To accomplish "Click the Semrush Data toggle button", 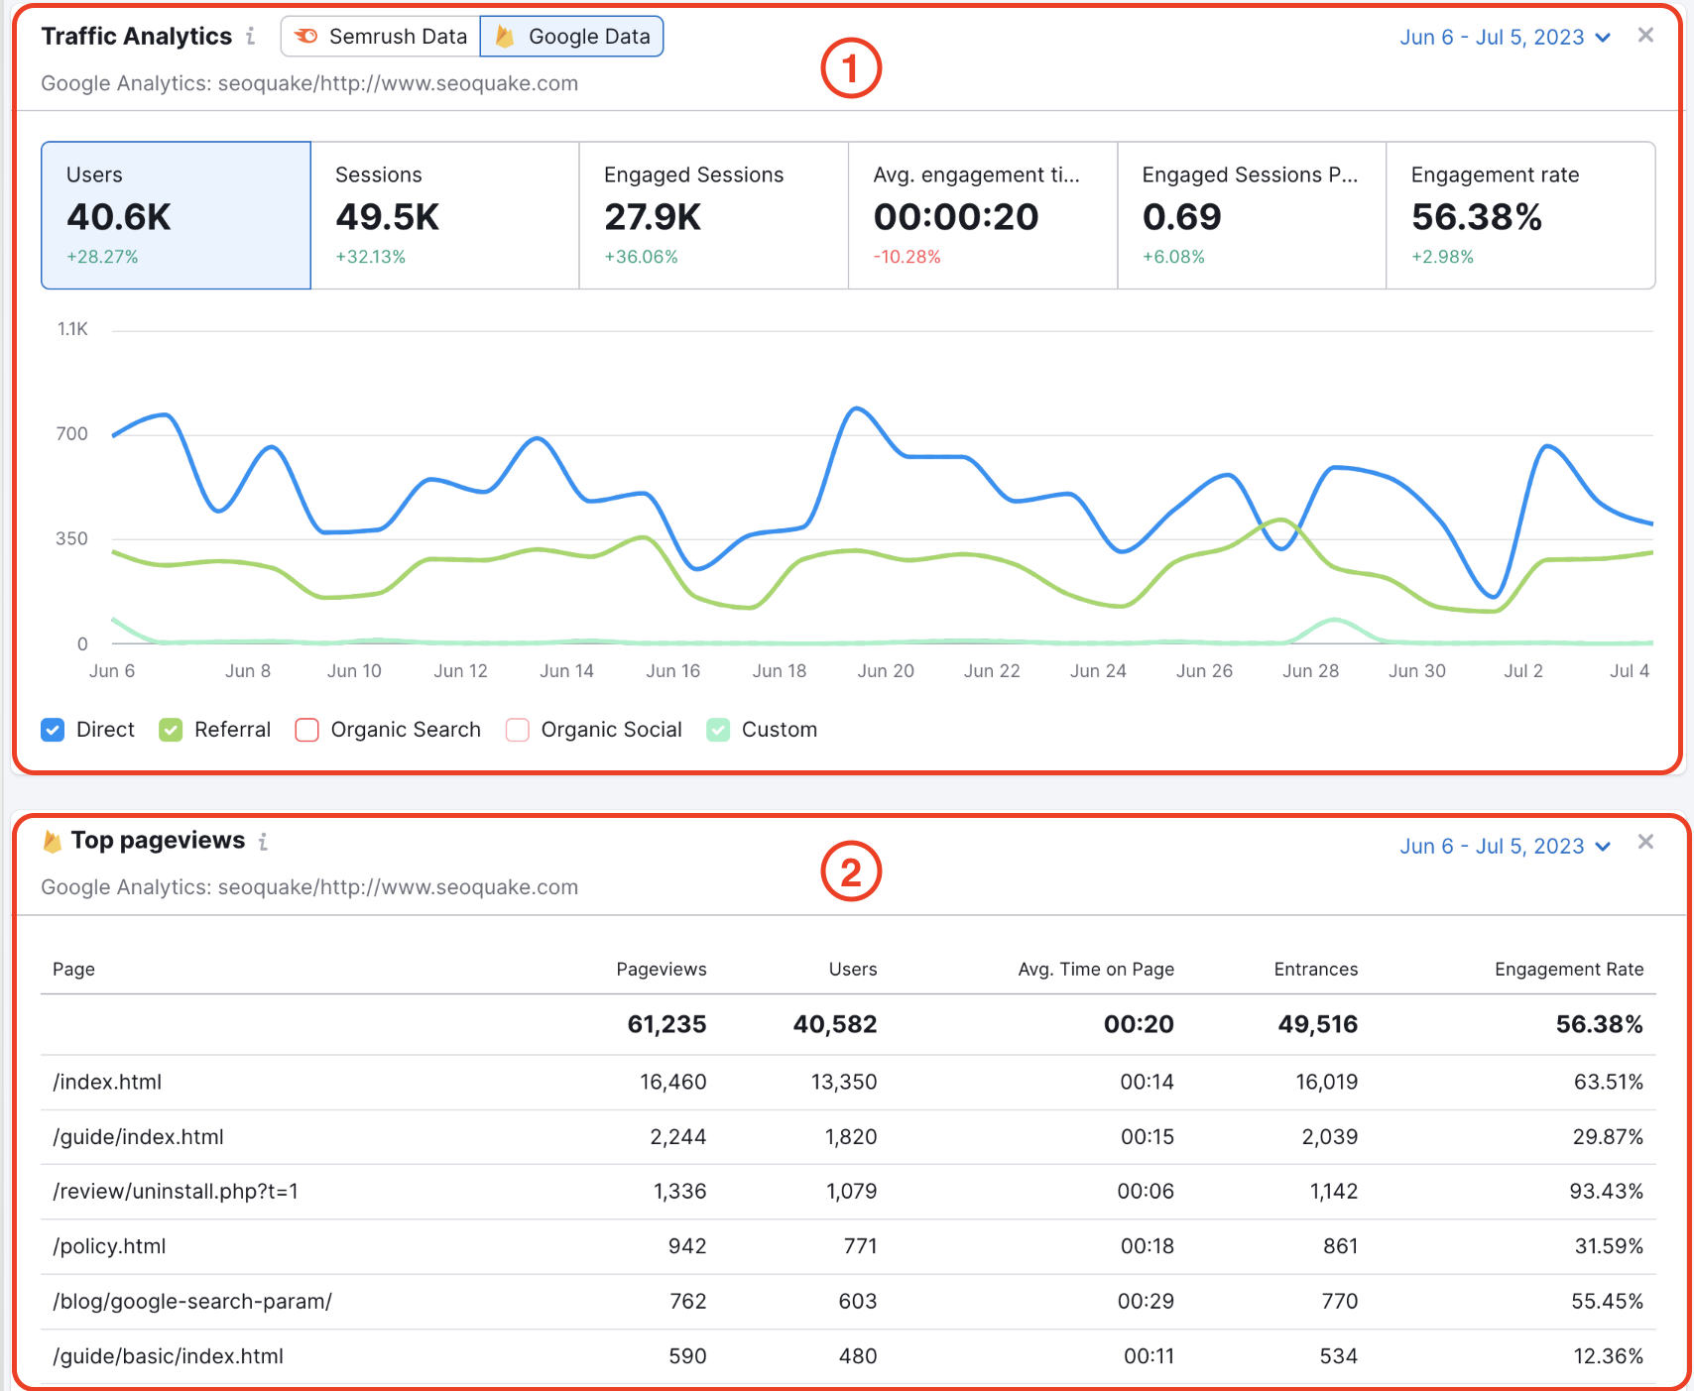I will point(381,37).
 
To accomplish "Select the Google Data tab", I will point(572,37).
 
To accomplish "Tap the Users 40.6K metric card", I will point(176,215).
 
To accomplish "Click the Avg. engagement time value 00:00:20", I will point(955,217).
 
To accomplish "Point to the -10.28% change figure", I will point(907,257).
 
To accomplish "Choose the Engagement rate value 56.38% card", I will point(1519,215).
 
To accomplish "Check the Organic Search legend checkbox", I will point(307,730).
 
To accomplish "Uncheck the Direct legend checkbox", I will point(53,730).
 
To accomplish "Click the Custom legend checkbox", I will point(718,730).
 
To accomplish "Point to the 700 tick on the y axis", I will point(71,433).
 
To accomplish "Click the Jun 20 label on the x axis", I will point(885,671).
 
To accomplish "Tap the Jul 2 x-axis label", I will point(1522,671).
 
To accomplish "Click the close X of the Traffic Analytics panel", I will point(1645,36).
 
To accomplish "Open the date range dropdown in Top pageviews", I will point(1505,846).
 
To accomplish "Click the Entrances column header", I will point(1315,969).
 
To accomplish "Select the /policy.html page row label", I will point(109,1246).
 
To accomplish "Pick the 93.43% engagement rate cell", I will point(1605,1191).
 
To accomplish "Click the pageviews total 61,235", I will point(666,1024).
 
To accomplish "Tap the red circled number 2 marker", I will point(850,872).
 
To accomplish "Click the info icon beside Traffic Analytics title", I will point(251,37).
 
